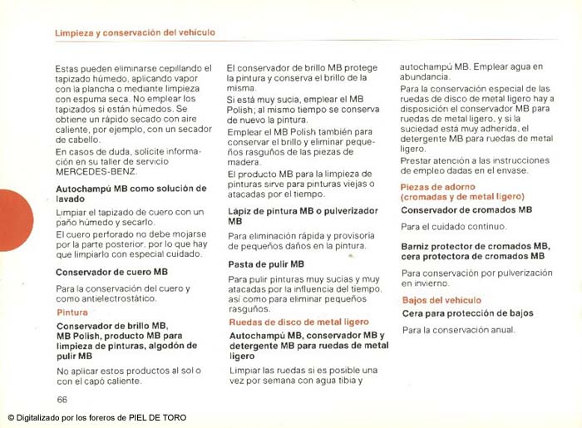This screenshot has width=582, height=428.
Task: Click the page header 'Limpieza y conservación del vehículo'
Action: point(135,32)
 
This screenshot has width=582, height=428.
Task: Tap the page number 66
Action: point(62,400)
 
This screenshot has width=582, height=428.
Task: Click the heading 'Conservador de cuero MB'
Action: point(111,272)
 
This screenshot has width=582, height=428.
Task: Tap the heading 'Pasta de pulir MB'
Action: point(266,264)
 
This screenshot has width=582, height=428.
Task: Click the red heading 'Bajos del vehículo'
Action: point(441,300)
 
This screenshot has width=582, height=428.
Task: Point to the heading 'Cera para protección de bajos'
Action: point(467,313)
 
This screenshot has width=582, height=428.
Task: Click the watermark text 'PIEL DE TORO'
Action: point(158,418)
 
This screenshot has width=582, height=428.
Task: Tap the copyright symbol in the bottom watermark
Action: point(11,418)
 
